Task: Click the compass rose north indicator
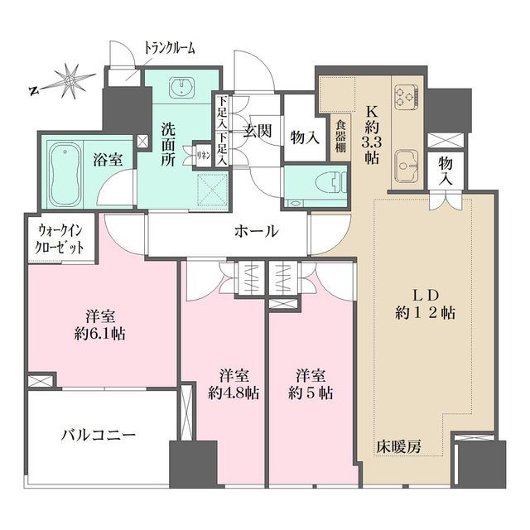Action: click(x=71, y=80)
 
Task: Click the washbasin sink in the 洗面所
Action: click(x=181, y=88)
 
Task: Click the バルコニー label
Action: click(x=99, y=433)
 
